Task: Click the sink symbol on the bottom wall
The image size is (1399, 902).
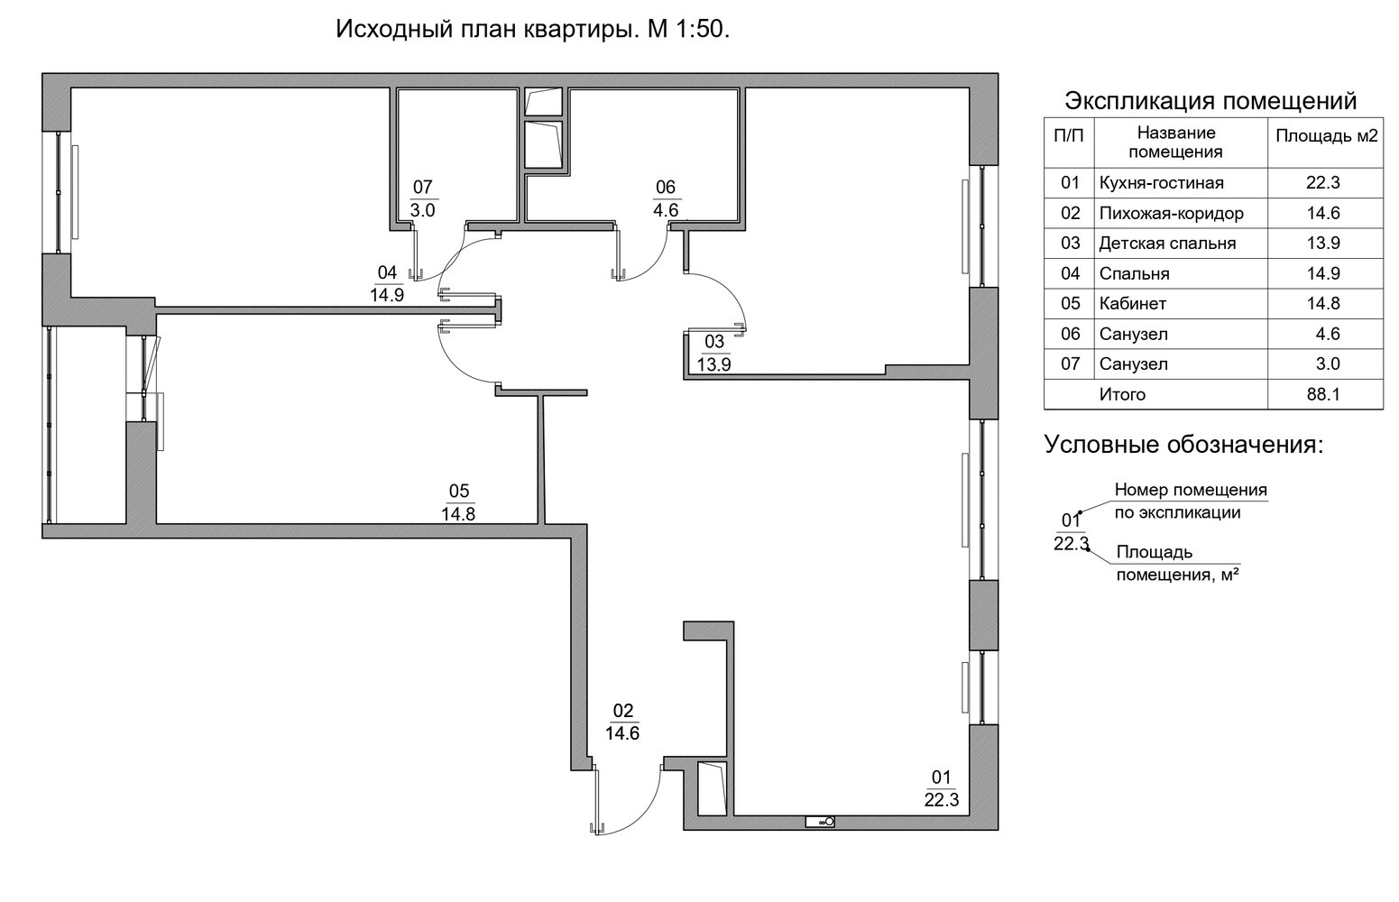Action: point(821,822)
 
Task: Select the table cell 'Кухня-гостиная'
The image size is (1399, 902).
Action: point(1161,183)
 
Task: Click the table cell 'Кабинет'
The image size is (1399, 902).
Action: point(1133,304)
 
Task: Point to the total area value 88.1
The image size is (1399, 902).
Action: point(1323,394)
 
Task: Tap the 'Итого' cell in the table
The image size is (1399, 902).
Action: point(1122,394)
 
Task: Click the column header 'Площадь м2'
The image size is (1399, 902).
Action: point(1326,137)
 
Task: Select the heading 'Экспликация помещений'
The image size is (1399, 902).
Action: point(1210,100)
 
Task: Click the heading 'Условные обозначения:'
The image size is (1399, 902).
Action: point(1184,445)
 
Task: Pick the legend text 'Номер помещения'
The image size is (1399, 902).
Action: point(1191,491)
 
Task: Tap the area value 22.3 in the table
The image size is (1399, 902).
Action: point(1323,183)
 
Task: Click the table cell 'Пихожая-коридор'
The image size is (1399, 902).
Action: point(1171,214)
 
